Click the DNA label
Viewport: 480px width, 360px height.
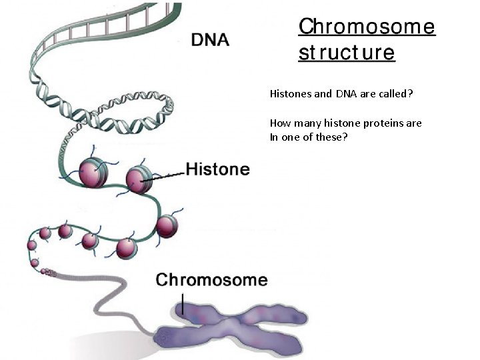[210, 39]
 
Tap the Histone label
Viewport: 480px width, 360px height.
[217, 169]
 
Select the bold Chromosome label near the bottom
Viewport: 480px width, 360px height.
[211, 280]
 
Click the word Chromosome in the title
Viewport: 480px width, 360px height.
[367, 27]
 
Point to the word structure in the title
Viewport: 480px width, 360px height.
[347, 53]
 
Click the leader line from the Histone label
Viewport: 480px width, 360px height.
[163, 176]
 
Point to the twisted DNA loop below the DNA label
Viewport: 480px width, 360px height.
[120, 116]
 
